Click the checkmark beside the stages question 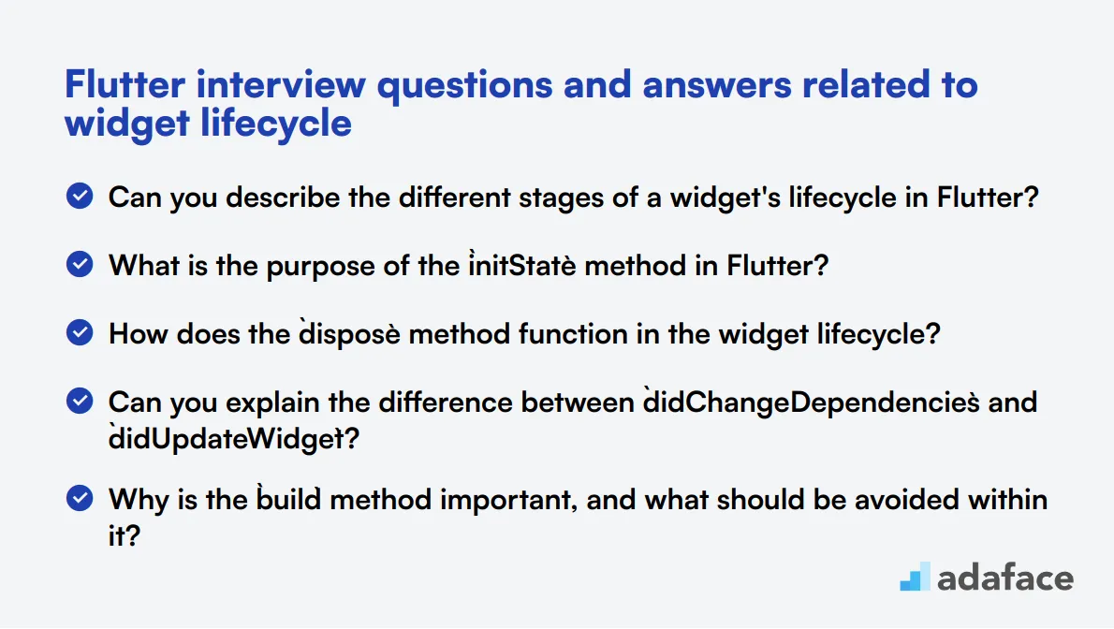pos(81,197)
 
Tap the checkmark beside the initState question pos(81,265)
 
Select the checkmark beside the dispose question pos(81,332)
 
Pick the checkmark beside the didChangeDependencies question pos(81,402)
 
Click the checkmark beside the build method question pos(81,498)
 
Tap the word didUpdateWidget pos(221,438)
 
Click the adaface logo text pos(1004,577)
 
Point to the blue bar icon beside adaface pos(915,577)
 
